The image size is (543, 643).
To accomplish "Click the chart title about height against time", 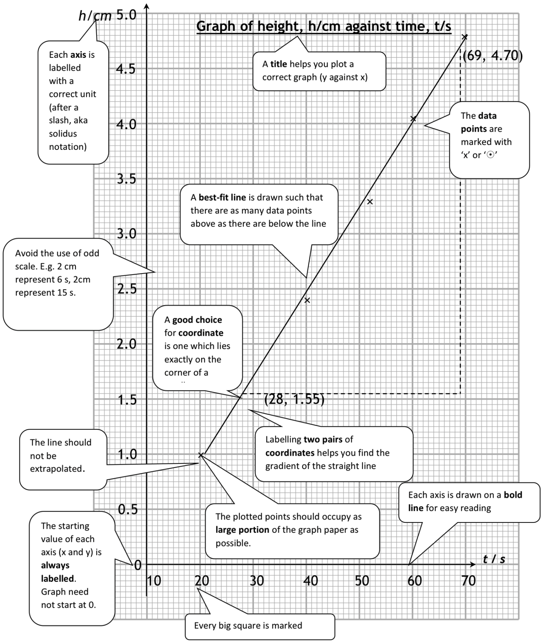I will [323, 26].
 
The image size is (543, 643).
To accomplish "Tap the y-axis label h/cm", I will [95, 16].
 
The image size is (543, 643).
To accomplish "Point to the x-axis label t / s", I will [494, 559].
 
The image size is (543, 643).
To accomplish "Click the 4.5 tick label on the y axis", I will [126, 69].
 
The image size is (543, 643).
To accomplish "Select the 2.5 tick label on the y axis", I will [127, 289].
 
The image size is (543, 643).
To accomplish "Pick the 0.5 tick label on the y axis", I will [127, 509].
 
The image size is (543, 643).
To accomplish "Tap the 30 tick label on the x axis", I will [257, 581].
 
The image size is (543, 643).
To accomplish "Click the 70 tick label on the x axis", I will [468, 581].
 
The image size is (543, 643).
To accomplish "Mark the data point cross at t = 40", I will [307, 300].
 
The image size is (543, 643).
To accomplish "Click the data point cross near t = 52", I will [370, 202].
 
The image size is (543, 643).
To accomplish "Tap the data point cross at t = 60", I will [413, 119].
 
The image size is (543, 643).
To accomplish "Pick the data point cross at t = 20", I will [201, 455].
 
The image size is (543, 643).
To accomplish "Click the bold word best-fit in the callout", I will [222, 198].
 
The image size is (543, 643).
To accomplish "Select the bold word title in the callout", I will [279, 64].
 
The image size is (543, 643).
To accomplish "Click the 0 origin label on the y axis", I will [138, 565].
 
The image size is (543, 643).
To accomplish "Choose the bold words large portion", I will [242, 530].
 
